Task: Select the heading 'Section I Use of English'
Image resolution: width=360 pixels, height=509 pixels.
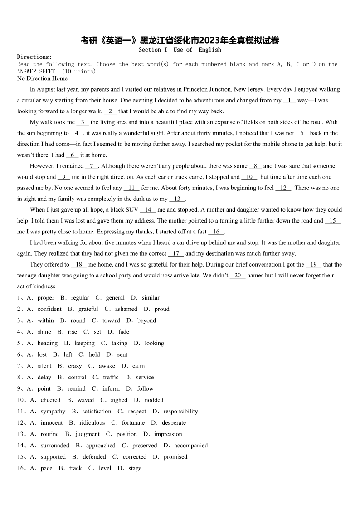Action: [180, 50]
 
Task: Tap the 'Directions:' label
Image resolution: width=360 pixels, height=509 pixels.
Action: [34, 57]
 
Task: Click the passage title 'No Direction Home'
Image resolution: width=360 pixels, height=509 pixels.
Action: [42, 78]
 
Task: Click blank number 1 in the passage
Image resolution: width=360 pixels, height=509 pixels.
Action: [289, 100]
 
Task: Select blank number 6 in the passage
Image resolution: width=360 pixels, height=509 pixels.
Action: [72, 155]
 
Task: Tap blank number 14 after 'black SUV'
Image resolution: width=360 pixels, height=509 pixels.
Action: [148, 210]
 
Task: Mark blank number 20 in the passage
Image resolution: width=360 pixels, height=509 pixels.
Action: [238, 275]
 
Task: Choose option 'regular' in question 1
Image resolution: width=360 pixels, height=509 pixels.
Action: [80, 298]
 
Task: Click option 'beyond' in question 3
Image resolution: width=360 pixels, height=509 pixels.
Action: [146, 320]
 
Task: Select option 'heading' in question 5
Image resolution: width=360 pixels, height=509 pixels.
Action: [48, 343]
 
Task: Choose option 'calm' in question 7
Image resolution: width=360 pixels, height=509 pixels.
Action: [138, 366]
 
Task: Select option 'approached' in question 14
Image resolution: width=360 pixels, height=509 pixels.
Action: [101, 446]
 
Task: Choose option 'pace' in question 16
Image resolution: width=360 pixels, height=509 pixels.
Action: [46, 468]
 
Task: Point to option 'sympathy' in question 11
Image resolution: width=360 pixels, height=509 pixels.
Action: [53, 411]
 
